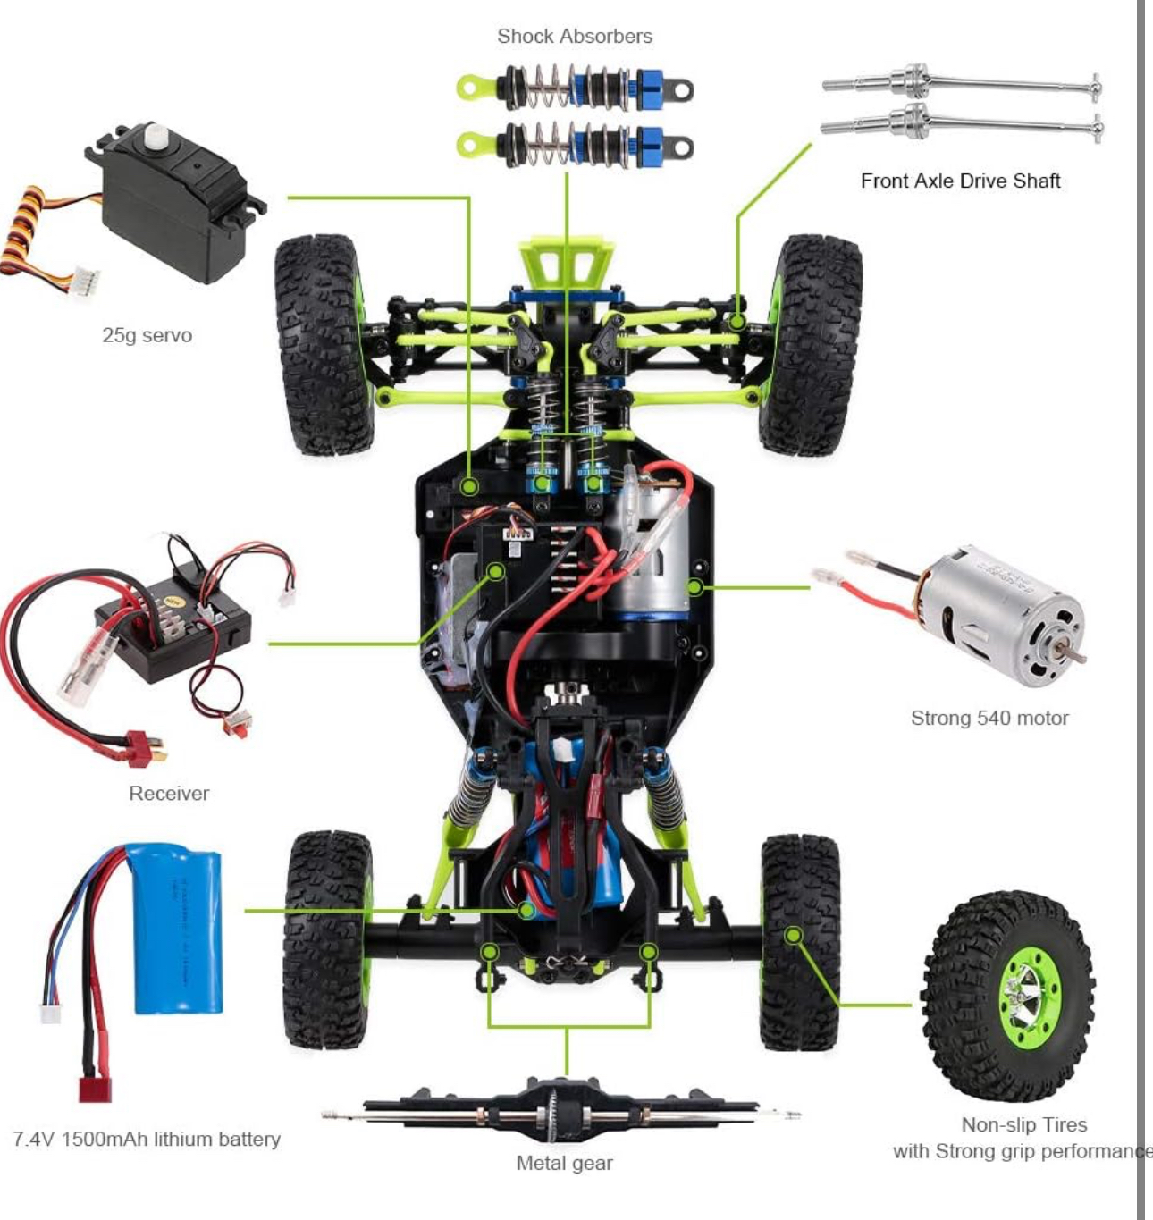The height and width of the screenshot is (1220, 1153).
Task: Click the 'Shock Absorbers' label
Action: coord(575,37)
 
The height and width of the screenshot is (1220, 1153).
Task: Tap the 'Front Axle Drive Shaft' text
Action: coord(961,181)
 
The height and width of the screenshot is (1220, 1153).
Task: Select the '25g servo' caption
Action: coord(147,335)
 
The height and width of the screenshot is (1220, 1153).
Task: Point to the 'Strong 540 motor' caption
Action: coord(989,718)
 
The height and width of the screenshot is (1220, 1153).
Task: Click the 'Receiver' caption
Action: coord(169,793)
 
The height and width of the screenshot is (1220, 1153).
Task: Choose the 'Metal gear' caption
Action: coord(564,1163)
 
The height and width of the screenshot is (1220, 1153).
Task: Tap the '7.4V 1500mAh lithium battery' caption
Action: coord(147,1139)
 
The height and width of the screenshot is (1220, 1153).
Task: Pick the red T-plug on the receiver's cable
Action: coord(145,747)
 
